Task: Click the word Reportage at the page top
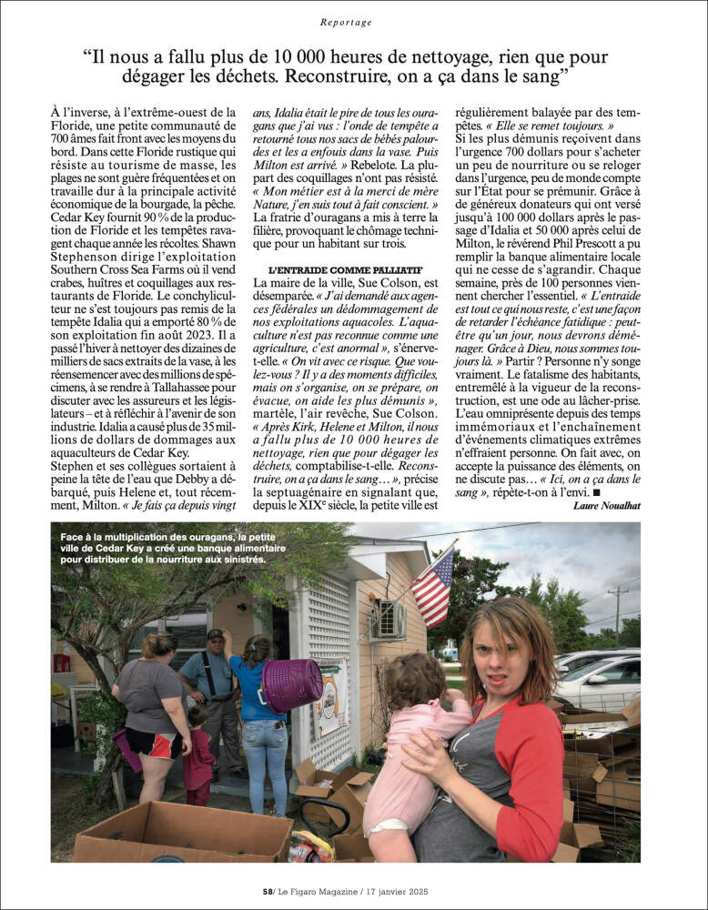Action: (x=347, y=22)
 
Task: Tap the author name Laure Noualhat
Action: (x=607, y=506)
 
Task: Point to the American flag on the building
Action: (x=433, y=586)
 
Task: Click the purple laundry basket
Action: (x=291, y=683)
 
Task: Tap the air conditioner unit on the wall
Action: (x=389, y=620)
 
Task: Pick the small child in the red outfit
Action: (x=197, y=755)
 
